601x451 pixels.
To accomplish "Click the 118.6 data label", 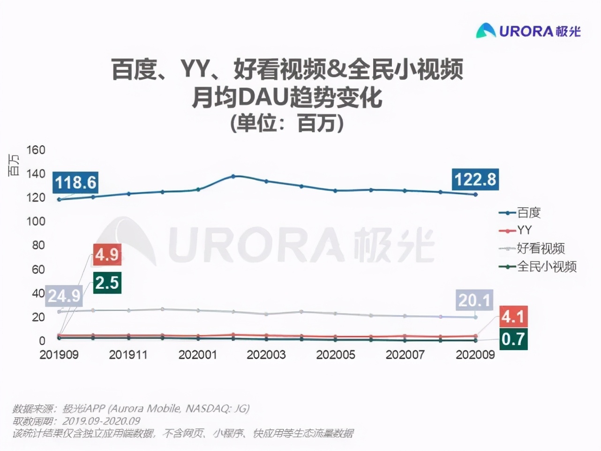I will [75, 182].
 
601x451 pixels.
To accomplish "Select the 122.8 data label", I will [475, 179].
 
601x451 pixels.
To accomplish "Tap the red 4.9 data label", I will [107, 255].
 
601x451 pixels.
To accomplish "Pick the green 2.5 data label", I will [107, 283].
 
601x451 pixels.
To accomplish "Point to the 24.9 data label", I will [64, 296].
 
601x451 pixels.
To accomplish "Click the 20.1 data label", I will [474, 300].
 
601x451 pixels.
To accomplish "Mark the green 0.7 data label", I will [512, 338].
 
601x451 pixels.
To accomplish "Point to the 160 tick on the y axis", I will [36, 150].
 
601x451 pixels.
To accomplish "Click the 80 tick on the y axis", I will [38, 245].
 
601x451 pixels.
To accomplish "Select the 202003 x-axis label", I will [266, 354].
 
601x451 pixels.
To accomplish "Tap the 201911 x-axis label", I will [128, 354].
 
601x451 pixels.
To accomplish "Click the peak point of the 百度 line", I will [233, 176].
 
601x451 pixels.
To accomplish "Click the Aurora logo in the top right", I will [528, 31].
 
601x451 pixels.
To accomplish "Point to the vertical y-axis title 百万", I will [14, 165].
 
